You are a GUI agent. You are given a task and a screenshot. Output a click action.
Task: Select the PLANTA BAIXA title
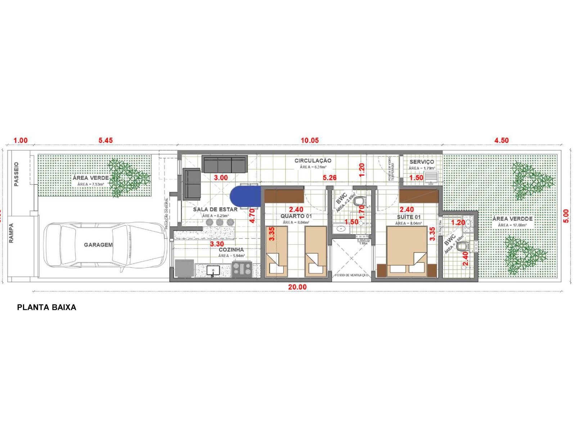pyautogui.click(x=46, y=307)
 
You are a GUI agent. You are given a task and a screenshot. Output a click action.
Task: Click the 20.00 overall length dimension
pyautogui.click(x=297, y=287)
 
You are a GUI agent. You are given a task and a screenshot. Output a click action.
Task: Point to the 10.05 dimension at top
pyautogui.click(x=310, y=140)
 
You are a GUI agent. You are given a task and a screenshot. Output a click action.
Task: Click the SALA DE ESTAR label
pyautogui.click(x=215, y=210)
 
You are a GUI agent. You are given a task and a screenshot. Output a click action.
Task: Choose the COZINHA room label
pyautogui.click(x=231, y=249)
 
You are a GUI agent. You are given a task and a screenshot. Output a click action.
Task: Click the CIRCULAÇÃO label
pyautogui.click(x=312, y=161)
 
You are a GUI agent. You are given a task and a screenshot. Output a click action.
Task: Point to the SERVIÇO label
pyautogui.click(x=422, y=162)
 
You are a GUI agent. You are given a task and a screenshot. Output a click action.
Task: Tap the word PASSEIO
pyautogui.click(x=16, y=174)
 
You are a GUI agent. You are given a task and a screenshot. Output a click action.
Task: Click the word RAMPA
pyautogui.click(x=11, y=233)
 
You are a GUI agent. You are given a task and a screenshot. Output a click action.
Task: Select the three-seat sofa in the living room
pyautogui.click(x=224, y=164)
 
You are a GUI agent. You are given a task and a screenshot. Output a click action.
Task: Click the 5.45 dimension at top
pyautogui.click(x=105, y=140)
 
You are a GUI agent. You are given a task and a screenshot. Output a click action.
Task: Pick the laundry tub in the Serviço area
pyautogui.click(x=431, y=178)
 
